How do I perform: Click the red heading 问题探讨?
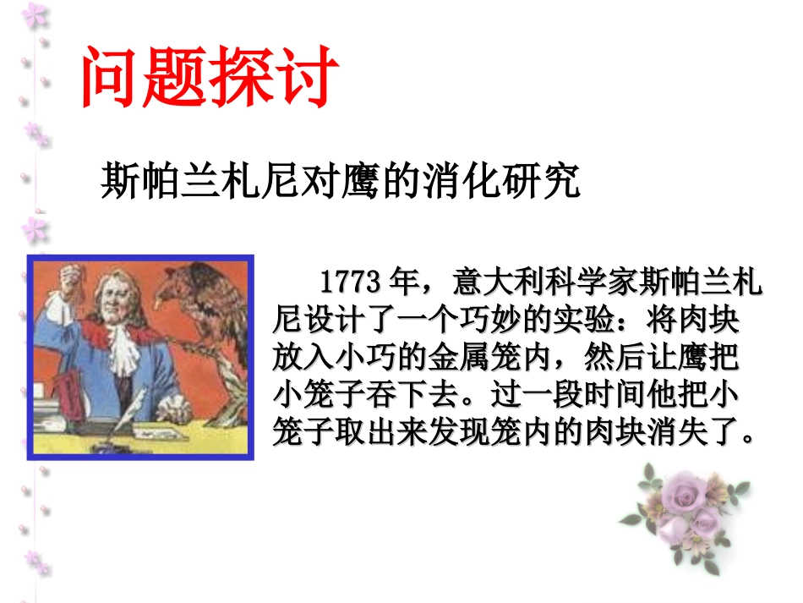click(x=209, y=79)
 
